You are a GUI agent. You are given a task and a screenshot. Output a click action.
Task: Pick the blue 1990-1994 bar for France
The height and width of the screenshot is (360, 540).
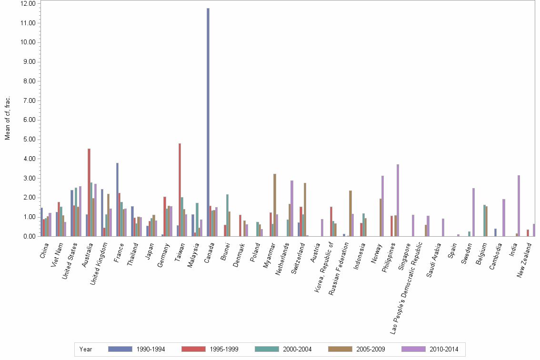pyautogui.click(x=117, y=200)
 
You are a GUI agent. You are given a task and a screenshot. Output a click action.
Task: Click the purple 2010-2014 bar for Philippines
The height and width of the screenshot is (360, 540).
pyautogui.click(x=398, y=200)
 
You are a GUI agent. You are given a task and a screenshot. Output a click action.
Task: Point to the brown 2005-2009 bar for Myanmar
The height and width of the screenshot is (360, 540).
pyautogui.click(x=275, y=205)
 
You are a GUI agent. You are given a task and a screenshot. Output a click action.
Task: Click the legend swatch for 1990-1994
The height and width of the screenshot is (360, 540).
pyautogui.click(x=120, y=349)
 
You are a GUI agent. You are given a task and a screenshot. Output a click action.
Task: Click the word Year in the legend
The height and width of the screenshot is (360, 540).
pyautogui.click(x=86, y=349)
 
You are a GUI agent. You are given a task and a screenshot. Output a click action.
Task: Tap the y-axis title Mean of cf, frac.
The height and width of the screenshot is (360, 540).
pyautogui.click(x=7, y=119)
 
